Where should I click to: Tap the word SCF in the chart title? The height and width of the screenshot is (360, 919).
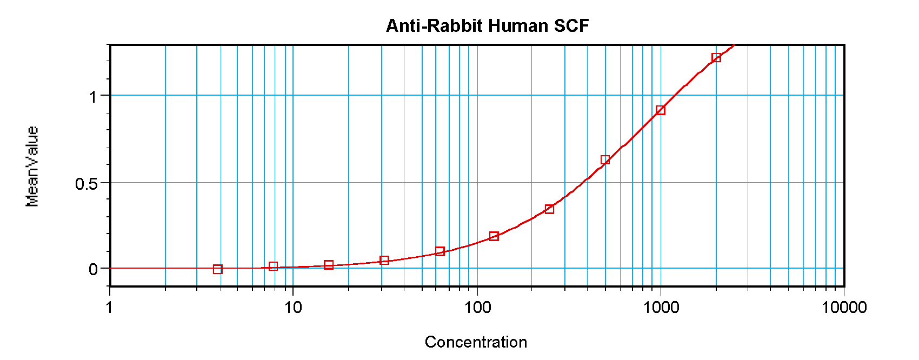[571, 26]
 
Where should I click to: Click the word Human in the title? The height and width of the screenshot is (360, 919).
[517, 26]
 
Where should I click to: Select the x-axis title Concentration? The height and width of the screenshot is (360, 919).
[476, 342]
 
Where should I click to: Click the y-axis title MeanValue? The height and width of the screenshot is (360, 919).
[32, 166]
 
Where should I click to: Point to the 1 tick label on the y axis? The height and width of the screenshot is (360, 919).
[94, 97]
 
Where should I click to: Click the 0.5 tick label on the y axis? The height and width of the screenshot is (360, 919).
[86, 184]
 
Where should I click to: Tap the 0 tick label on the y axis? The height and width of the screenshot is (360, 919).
[94, 269]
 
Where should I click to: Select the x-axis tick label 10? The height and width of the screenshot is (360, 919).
[292, 308]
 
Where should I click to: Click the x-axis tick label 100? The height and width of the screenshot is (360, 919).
[477, 308]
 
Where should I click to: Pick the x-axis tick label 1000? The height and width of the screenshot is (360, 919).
[661, 308]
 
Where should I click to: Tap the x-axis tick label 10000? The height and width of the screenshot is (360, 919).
[844, 308]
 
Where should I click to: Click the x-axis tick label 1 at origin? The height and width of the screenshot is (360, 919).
[110, 308]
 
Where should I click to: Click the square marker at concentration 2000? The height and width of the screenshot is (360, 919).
[716, 58]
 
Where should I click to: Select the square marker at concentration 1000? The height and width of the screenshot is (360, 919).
[661, 110]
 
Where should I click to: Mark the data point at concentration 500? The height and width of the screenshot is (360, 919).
[605, 160]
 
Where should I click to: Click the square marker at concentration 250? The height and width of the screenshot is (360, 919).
[550, 209]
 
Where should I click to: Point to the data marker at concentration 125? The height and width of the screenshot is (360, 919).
[494, 236]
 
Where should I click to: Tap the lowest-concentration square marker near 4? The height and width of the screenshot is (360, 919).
[218, 269]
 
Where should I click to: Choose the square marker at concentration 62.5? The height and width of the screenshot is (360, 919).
[440, 251]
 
